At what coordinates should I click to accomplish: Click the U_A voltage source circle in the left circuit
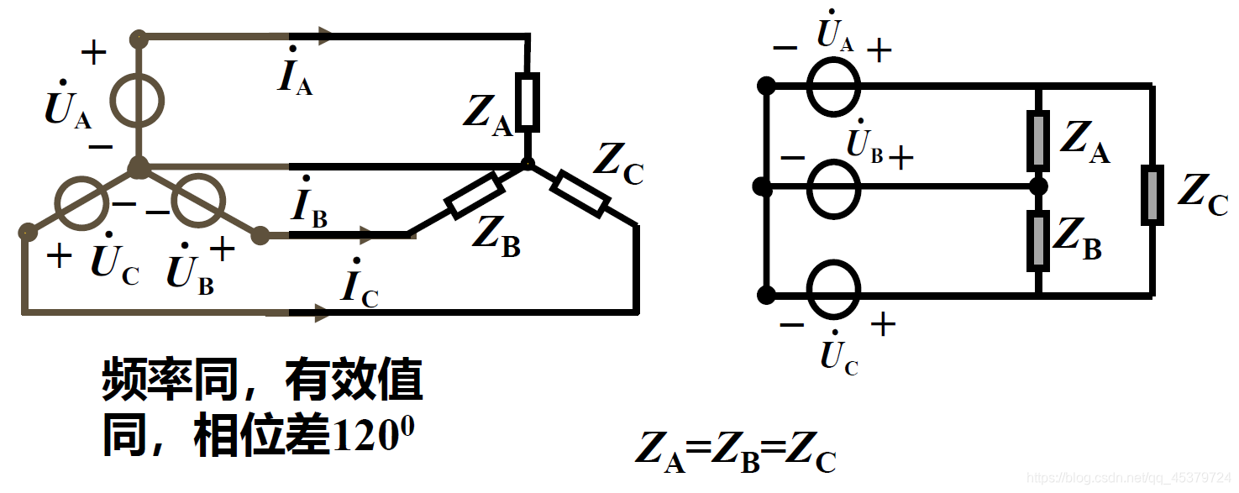click(139, 101)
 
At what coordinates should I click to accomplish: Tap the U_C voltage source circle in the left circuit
click(81, 202)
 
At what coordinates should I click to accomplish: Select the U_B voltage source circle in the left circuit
click(198, 202)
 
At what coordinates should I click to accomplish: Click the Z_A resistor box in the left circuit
click(527, 102)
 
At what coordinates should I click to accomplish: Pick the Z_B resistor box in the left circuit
click(475, 196)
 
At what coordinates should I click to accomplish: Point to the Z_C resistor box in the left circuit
click(580, 192)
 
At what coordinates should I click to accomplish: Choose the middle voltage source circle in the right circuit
click(833, 187)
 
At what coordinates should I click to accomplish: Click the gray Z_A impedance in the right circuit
click(1039, 139)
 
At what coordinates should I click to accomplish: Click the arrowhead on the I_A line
click(323, 36)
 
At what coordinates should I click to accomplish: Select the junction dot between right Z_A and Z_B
click(1039, 186)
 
